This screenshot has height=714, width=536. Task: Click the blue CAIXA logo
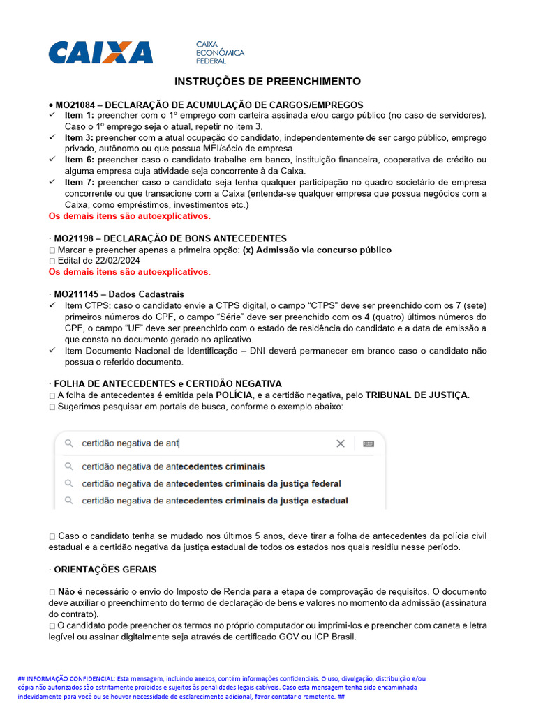click(x=100, y=52)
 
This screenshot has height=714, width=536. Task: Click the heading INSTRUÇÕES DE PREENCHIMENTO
click(x=267, y=82)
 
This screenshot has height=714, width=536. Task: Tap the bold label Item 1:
click(x=79, y=114)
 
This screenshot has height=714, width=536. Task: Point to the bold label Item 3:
click(x=79, y=137)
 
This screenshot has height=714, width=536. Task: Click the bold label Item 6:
click(x=79, y=160)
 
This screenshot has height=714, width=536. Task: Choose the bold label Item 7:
click(x=79, y=182)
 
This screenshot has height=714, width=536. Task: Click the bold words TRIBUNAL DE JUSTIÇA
click(x=416, y=395)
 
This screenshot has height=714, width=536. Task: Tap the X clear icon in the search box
click(x=341, y=443)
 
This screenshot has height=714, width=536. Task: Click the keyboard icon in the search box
click(x=368, y=443)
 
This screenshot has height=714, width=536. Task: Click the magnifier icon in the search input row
click(x=68, y=443)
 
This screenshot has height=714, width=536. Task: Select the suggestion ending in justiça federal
click(x=211, y=483)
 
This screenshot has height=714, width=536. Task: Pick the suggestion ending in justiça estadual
click(x=214, y=501)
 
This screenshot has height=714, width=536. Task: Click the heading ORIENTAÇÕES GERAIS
click(x=105, y=570)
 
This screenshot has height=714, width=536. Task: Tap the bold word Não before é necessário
click(x=66, y=591)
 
